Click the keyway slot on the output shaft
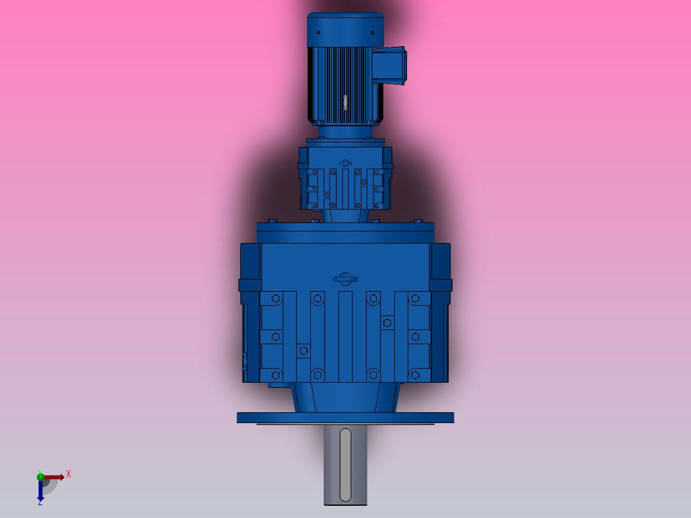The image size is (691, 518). pyautogui.click(x=345, y=465)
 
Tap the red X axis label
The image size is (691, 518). pyautogui.click(x=69, y=474)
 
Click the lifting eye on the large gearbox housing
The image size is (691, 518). pyautogui.click(x=345, y=278)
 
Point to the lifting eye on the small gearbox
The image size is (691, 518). pyautogui.click(x=345, y=163)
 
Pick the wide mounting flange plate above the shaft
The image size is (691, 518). pyautogui.click(x=345, y=417)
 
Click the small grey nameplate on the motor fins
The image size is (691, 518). pyautogui.click(x=345, y=102)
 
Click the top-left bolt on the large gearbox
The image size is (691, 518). pyautogui.click(x=276, y=299)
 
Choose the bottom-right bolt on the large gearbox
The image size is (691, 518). pyautogui.click(x=415, y=374)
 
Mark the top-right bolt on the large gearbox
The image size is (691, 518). pyautogui.click(x=415, y=299)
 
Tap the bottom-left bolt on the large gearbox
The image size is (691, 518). pyautogui.click(x=276, y=374)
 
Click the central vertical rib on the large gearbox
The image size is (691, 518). pyautogui.click(x=345, y=337)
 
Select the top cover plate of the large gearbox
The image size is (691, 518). pyautogui.click(x=345, y=232)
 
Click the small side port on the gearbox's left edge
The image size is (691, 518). pyautogui.click(x=245, y=362)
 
